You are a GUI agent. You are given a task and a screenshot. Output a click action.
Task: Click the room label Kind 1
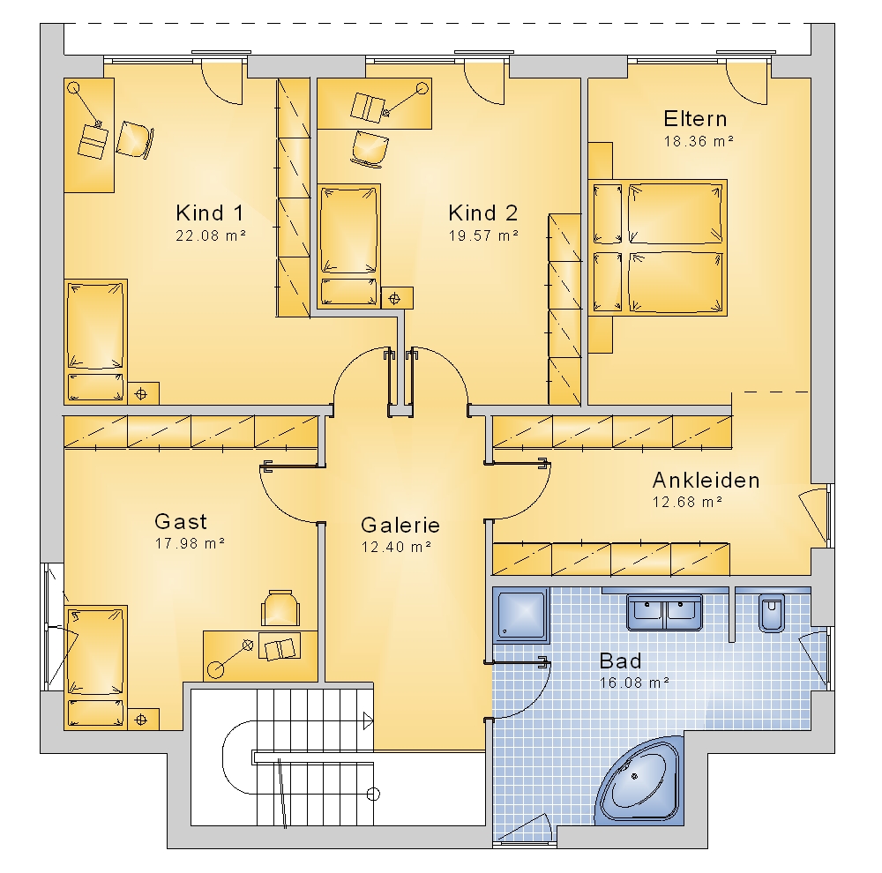pyautogui.click(x=210, y=213)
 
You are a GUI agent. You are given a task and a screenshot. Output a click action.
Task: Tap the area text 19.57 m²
pyautogui.click(x=483, y=235)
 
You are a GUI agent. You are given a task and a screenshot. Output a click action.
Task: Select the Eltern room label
pyautogui.click(x=695, y=119)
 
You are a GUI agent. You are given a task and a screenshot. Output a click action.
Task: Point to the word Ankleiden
pyautogui.click(x=706, y=480)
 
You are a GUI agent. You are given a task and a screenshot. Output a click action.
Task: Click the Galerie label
pyautogui.click(x=400, y=525)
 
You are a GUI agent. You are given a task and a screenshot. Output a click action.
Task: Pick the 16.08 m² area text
pyautogui.click(x=634, y=683)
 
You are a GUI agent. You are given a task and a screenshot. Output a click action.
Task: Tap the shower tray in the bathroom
pyautogui.click(x=521, y=616)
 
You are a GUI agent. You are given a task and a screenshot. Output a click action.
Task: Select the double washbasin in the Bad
pyautogui.click(x=664, y=612)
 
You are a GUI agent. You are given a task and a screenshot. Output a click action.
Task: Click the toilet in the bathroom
pyautogui.click(x=771, y=613)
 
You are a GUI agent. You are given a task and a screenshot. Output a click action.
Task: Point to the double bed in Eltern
pyautogui.click(x=658, y=248)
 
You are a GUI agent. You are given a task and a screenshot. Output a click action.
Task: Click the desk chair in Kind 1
pyautogui.click(x=135, y=139)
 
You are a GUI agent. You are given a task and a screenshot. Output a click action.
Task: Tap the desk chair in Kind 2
pyautogui.click(x=370, y=148)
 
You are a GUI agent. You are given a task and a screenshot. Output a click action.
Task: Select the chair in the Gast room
pyautogui.click(x=280, y=608)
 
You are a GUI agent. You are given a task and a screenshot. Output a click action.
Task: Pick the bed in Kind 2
pyautogui.click(x=348, y=246)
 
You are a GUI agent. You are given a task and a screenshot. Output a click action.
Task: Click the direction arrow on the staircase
pyautogui.click(x=367, y=720)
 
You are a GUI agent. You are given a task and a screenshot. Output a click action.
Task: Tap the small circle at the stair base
pyautogui.click(x=373, y=795)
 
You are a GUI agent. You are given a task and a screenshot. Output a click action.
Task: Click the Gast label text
pyautogui.click(x=181, y=521)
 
